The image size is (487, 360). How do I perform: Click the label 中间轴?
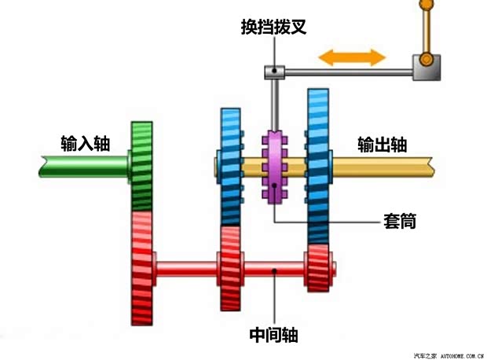[x=273, y=335]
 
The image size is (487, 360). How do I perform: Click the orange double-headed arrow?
[x=351, y=57]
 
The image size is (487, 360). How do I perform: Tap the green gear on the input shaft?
[x=142, y=166]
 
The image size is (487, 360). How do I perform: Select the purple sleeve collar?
[x=274, y=167]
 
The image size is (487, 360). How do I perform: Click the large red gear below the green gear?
[x=141, y=267]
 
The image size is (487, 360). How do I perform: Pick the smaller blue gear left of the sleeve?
[x=231, y=165]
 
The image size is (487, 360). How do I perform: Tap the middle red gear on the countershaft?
[x=230, y=268]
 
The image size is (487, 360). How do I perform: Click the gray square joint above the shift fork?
[x=273, y=72]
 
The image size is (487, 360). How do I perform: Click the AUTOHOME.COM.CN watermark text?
[x=455, y=354]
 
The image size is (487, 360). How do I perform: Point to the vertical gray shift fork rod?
[x=273, y=102]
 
